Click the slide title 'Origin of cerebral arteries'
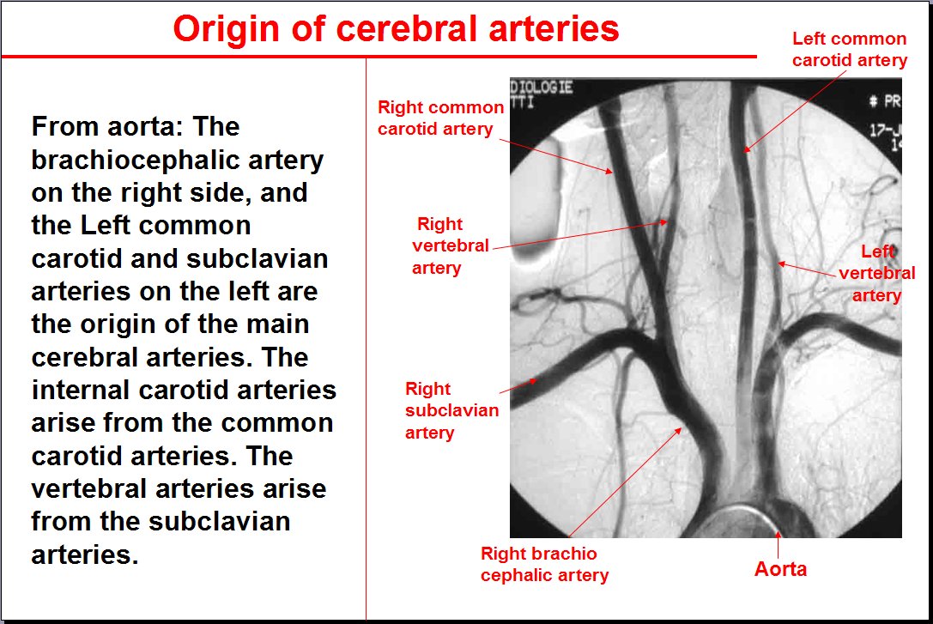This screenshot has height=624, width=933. [x=396, y=28]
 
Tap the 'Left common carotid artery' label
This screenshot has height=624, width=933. [x=850, y=50]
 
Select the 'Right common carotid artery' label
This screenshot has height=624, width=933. [x=440, y=118]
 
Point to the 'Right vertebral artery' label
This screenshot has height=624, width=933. [x=451, y=245]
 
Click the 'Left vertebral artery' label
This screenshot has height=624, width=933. [x=877, y=273]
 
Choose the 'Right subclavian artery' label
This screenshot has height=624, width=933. [x=451, y=410]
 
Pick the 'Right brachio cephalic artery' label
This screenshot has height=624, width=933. [x=544, y=565]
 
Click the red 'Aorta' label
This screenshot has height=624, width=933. [x=781, y=569]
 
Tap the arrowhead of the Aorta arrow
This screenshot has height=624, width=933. [x=778, y=534]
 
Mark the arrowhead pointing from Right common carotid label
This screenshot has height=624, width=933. [x=609, y=172]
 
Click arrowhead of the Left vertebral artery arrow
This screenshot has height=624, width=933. [x=781, y=263]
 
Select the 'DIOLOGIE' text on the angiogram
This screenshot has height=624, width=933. [x=542, y=88]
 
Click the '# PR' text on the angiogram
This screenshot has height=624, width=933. [x=885, y=102]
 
